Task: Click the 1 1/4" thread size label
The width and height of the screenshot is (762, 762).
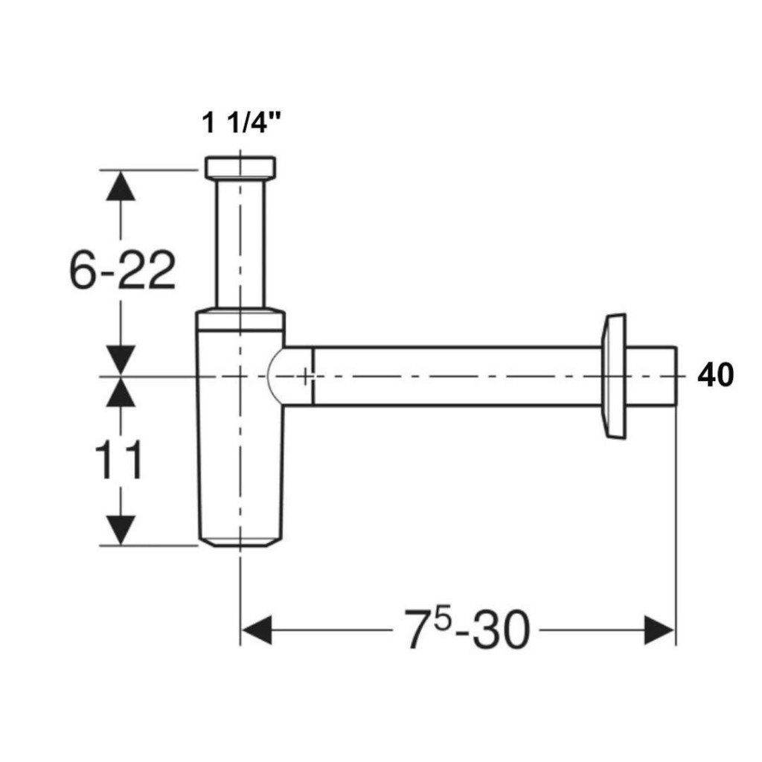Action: (x=242, y=122)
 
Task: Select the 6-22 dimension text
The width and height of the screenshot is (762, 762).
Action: (x=122, y=271)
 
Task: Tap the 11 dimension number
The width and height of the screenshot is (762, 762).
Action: (x=118, y=460)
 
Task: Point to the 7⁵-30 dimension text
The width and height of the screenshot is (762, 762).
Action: (x=467, y=630)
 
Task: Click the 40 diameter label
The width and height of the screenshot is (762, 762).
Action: (x=715, y=375)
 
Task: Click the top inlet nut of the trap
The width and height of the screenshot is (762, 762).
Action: (x=240, y=167)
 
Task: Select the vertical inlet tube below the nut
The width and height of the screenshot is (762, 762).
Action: (x=240, y=243)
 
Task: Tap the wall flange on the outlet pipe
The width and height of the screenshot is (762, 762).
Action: (x=614, y=376)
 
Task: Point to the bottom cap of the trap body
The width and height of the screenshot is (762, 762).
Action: (x=240, y=542)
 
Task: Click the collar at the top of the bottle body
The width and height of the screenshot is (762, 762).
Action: (x=240, y=319)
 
